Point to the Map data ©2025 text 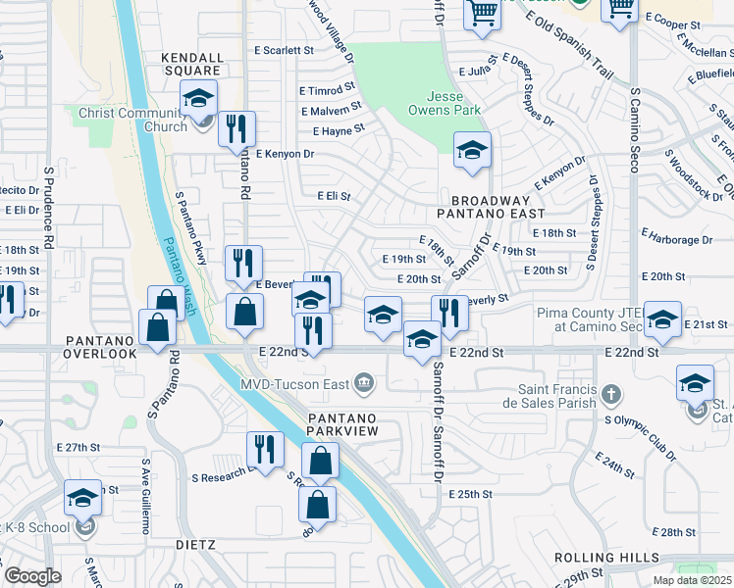point(692,580)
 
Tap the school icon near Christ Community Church point(198,98)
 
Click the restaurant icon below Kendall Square point(236,128)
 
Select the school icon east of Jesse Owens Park point(472,151)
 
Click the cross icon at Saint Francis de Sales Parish point(611,395)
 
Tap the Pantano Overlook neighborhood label point(101,346)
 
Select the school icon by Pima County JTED point(663,319)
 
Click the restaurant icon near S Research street point(264,449)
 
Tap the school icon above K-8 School point(82,498)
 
